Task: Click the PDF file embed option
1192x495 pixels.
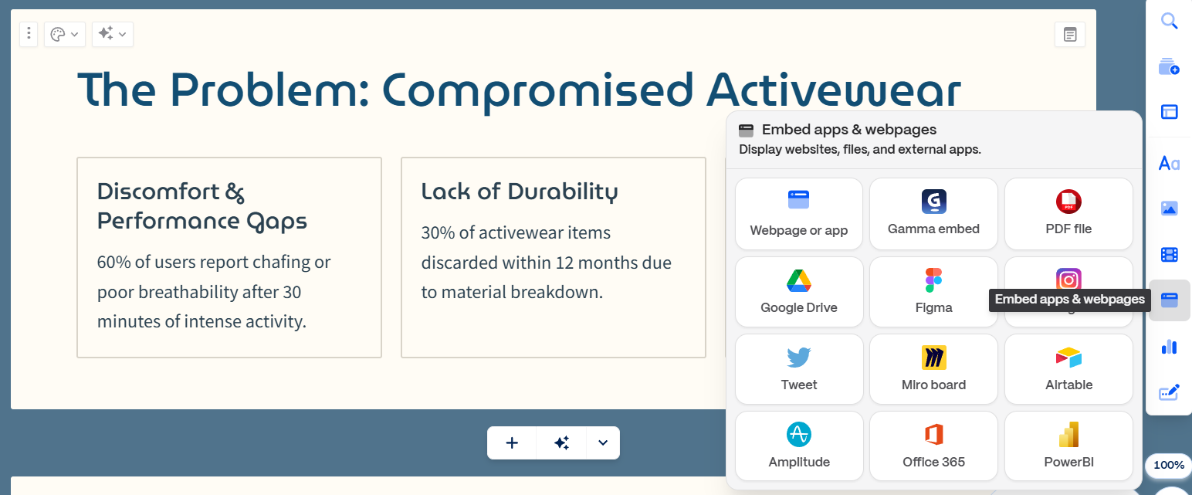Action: pyautogui.click(x=1068, y=214)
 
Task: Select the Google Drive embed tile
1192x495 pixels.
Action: pyautogui.click(x=798, y=292)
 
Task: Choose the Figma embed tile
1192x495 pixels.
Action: pyautogui.click(x=933, y=292)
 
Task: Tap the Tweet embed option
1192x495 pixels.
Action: pyautogui.click(x=798, y=369)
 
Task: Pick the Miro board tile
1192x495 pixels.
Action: pyautogui.click(x=933, y=369)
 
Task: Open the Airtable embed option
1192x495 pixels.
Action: pyautogui.click(x=1068, y=369)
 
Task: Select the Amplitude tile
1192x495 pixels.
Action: pyautogui.click(x=798, y=446)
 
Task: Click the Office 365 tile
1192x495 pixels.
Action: pyautogui.click(x=933, y=446)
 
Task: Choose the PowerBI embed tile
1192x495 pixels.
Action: pyautogui.click(x=1068, y=446)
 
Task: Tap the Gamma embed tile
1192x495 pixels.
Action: pyautogui.click(x=933, y=214)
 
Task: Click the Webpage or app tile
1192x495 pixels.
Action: pyautogui.click(x=798, y=214)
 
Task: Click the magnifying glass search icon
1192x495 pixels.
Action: pyautogui.click(x=1170, y=21)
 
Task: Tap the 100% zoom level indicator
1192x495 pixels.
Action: pyautogui.click(x=1169, y=465)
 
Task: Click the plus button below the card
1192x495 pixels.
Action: pyautogui.click(x=511, y=443)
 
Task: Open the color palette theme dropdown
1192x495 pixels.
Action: pyautogui.click(x=64, y=34)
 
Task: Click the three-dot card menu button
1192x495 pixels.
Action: pyautogui.click(x=29, y=34)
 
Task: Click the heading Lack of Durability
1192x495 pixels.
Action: pyautogui.click(x=520, y=192)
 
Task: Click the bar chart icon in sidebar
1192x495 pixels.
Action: pyautogui.click(x=1170, y=347)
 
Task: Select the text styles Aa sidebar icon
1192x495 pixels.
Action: pyautogui.click(x=1170, y=163)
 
